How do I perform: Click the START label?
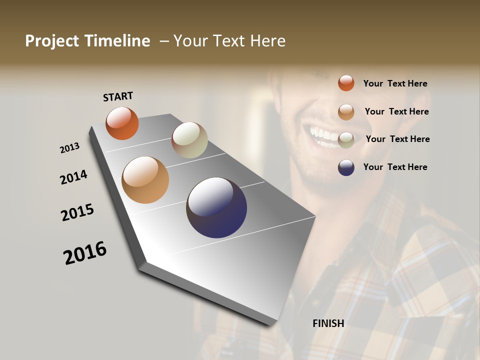pyautogui.click(x=118, y=96)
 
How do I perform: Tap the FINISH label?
pyautogui.click(x=328, y=323)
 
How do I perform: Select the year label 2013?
pyautogui.click(x=69, y=148)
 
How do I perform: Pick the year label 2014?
pyautogui.click(x=73, y=177)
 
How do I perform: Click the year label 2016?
pyautogui.click(x=85, y=253)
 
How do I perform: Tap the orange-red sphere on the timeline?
pyautogui.click(x=122, y=123)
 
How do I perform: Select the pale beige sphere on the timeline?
pyautogui.click(x=189, y=140)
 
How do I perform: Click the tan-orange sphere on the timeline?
pyautogui.click(x=145, y=180)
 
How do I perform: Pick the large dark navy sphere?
pyautogui.click(x=216, y=207)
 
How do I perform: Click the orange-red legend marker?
pyautogui.click(x=346, y=83)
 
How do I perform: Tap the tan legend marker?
pyautogui.click(x=346, y=112)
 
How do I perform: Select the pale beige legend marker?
pyautogui.click(x=346, y=139)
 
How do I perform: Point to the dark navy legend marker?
pyautogui.click(x=346, y=167)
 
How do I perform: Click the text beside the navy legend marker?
pyautogui.click(x=395, y=167)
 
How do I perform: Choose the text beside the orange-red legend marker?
pyautogui.click(x=395, y=83)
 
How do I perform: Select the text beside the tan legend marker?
pyautogui.click(x=396, y=111)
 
